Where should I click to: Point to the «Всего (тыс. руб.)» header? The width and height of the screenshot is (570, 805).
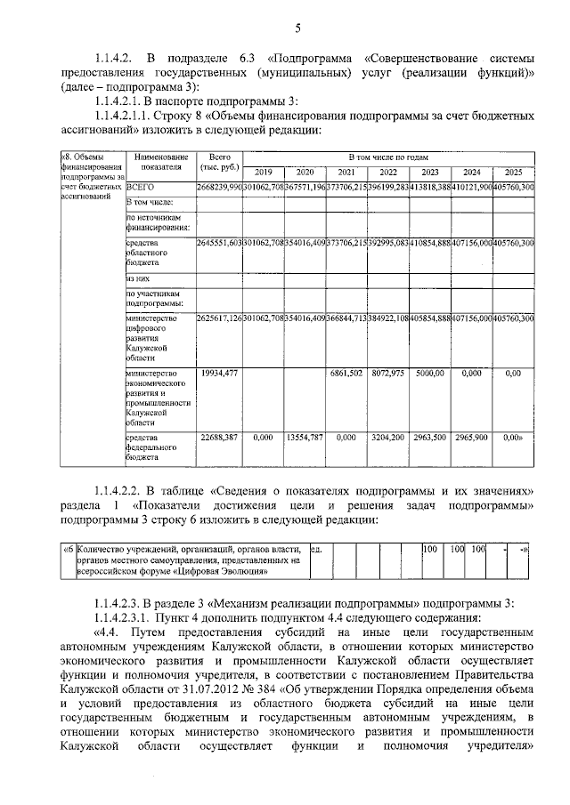[218, 162]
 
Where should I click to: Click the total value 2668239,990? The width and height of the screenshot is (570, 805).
[219, 188]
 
